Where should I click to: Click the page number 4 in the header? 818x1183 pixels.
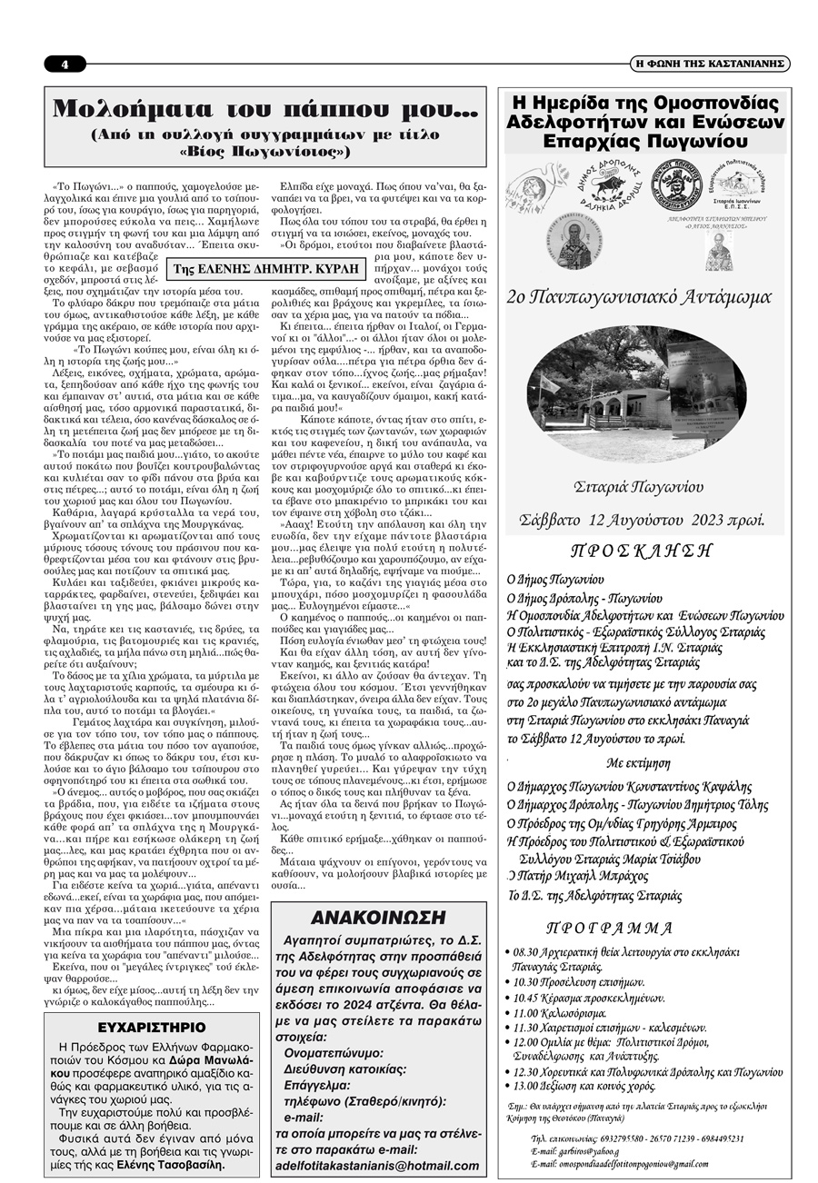[x=65, y=65]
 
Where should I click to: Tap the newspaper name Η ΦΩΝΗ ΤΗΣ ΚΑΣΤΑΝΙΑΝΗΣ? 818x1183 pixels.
[x=711, y=65]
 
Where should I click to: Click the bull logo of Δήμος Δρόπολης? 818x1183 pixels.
[x=604, y=183]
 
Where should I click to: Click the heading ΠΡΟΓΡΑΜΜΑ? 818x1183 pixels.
[x=610, y=929]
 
